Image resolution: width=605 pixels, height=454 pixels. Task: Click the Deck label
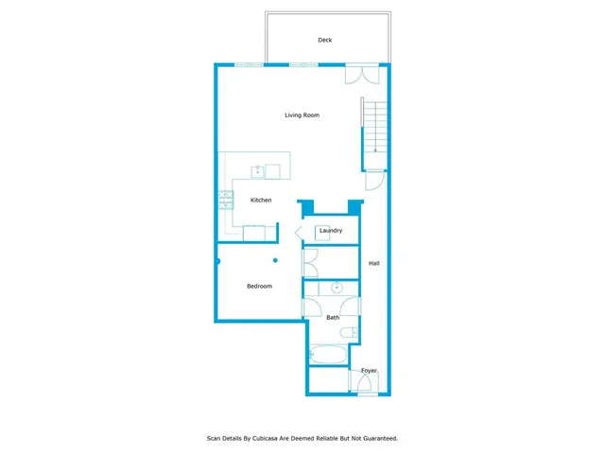click(x=324, y=40)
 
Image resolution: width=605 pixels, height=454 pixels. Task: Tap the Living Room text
click(x=302, y=115)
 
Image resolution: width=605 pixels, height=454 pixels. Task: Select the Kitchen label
click(x=261, y=200)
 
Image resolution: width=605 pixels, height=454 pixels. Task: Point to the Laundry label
click(x=330, y=231)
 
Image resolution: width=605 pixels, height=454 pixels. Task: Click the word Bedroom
click(x=259, y=286)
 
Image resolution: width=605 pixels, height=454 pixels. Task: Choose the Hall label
click(x=373, y=263)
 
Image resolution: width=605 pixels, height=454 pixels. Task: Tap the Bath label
click(x=333, y=318)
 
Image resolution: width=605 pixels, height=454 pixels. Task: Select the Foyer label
click(x=369, y=371)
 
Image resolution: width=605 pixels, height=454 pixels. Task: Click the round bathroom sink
click(x=336, y=288)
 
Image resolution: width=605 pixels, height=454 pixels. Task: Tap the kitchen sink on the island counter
click(x=257, y=171)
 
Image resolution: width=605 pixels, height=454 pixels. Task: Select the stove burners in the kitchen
click(x=226, y=199)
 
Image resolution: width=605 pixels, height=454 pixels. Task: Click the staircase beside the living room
click(x=373, y=128)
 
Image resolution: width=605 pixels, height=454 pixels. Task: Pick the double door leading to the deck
click(x=359, y=76)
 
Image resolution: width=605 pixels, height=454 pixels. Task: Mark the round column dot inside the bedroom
click(x=276, y=260)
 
